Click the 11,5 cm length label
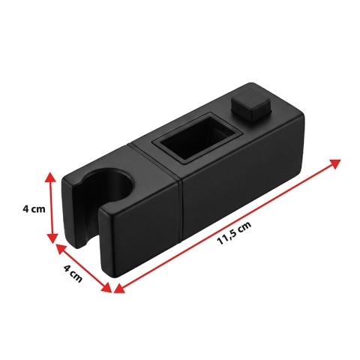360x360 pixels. pyautogui.click(x=234, y=233)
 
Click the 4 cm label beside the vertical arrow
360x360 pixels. pyautogui.click(x=34, y=208)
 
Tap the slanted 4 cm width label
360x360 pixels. pyautogui.click(x=73, y=274)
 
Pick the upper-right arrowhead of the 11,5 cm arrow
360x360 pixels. pyautogui.click(x=334, y=163)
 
